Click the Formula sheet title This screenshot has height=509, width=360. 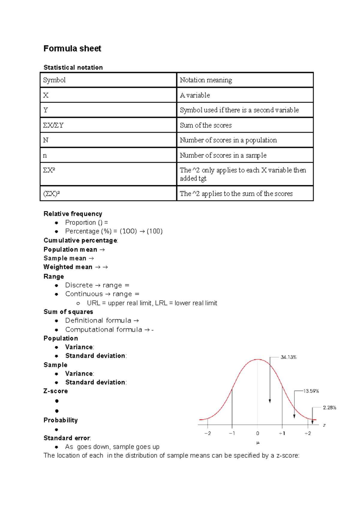72,49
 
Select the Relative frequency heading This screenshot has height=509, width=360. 73,214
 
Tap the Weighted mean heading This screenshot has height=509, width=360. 68,267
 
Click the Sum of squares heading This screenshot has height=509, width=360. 68,312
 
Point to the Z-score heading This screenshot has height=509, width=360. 56,391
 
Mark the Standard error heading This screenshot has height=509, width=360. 67,438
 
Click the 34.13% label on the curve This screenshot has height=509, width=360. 289,357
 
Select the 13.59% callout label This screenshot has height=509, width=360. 311,391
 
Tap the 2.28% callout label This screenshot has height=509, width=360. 329,408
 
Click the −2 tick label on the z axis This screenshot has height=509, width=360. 208,433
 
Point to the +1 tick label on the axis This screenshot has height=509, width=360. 282,433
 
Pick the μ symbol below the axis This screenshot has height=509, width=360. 258,443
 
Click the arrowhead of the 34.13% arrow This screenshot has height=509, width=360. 270,401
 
